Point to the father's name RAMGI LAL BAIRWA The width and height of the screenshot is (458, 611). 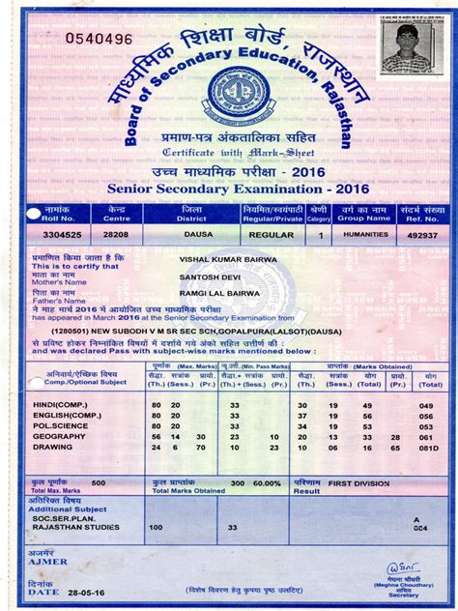tap(217, 291)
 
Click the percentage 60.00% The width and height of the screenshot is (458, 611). tap(267, 481)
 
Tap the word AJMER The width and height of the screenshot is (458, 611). tap(48, 561)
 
